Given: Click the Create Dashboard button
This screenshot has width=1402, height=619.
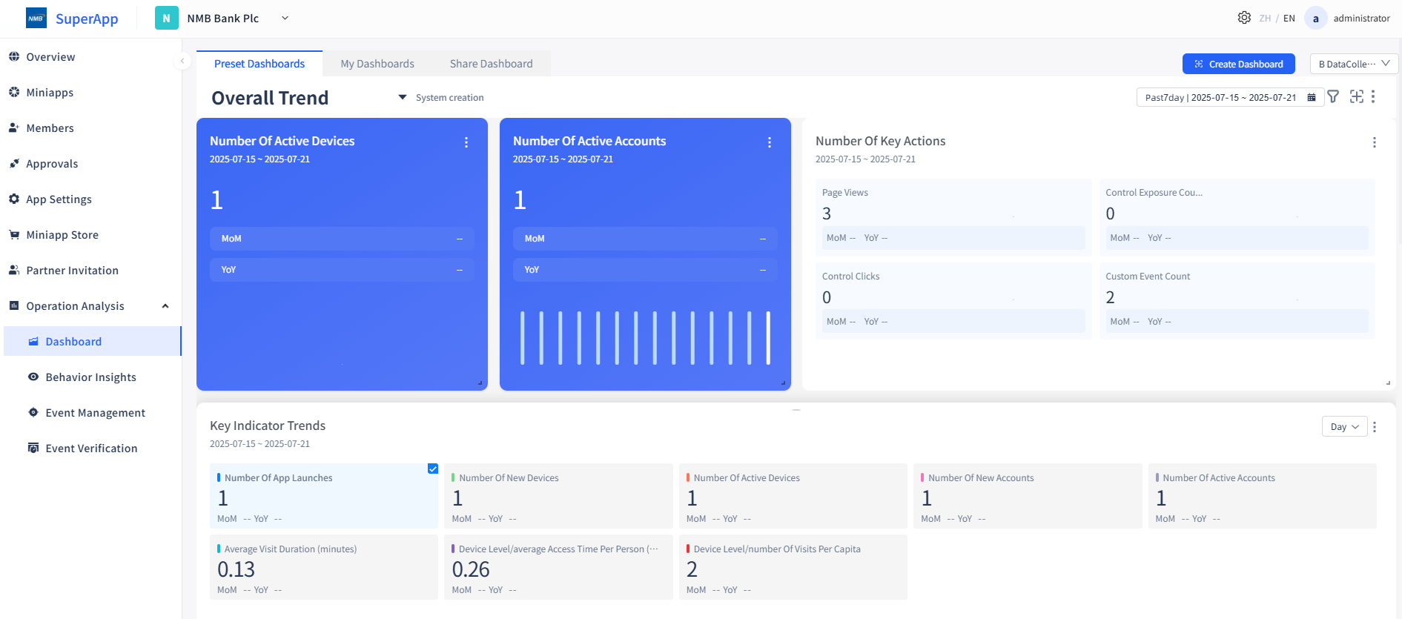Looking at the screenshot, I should click(1238, 64).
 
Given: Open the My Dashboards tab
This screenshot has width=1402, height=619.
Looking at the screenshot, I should click(377, 64).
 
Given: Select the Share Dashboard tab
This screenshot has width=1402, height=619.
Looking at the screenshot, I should click(491, 64).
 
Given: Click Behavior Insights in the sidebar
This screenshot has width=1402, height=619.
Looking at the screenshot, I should click(90, 377).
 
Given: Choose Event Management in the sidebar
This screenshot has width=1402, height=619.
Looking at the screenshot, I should click(95, 413).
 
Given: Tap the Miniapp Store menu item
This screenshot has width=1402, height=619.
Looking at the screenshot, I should click(62, 235).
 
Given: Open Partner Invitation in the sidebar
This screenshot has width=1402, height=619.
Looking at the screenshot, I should click(72, 271).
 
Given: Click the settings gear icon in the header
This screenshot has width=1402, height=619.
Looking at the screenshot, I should click(1244, 18).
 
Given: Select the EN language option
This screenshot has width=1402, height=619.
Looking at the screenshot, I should click(1289, 19).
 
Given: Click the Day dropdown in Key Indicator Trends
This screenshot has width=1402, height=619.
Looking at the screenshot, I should click(1344, 426).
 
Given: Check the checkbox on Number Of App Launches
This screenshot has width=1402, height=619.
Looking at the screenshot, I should click(433, 469).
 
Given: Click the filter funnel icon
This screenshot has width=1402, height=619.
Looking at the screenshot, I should click(1333, 96).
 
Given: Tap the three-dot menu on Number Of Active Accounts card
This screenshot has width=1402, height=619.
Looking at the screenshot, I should click(770, 142).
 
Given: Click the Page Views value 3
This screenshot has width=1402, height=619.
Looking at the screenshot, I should click(827, 214).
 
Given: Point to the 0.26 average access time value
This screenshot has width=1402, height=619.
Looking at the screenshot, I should click(471, 569).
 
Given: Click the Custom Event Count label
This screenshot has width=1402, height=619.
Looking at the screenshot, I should click(1148, 277).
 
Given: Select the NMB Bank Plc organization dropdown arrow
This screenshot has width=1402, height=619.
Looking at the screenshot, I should click(285, 19).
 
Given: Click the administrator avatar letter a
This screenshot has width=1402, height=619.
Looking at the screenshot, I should click(1315, 19).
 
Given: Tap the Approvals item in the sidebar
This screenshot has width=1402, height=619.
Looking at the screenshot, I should click(52, 164).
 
